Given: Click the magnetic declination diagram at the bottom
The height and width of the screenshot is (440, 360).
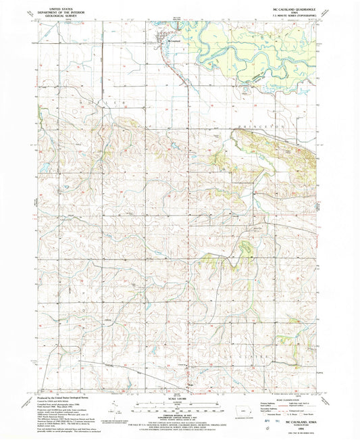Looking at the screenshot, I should pos(115,410).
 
